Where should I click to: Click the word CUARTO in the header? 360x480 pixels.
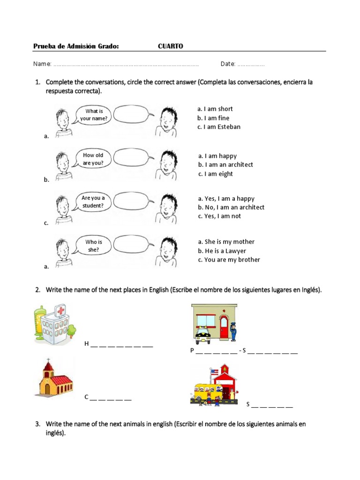[x=170, y=46]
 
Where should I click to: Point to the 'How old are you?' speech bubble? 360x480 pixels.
[x=93, y=159]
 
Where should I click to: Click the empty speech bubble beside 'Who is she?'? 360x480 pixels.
[x=133, y=246]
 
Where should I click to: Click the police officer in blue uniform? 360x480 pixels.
[x=233, y=330]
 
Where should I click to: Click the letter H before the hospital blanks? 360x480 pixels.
[x=86, y=344]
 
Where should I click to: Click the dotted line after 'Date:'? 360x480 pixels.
[x=251, y=64]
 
